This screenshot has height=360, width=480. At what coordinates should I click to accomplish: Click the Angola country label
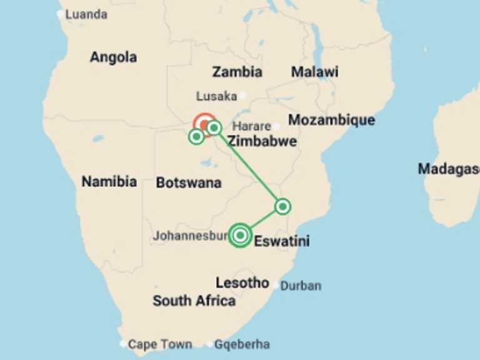coord(113,57)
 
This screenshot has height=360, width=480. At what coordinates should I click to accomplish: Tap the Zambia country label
coord(237,72)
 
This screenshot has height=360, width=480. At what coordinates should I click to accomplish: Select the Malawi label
coord(314,72)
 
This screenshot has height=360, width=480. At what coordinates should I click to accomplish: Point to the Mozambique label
coord(331,120)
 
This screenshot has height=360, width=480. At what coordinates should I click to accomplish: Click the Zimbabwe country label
coord(262,141)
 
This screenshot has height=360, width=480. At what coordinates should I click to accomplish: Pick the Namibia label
coord(109,182)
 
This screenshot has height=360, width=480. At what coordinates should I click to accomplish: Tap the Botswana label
coord(188,182)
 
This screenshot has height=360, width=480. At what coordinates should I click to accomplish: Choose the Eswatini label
coord(282,241)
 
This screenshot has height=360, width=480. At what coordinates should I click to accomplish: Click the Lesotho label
coord(242,282)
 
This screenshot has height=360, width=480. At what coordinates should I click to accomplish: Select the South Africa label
coord(194,301)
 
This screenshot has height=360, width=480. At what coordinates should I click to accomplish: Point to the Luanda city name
coord(86,14)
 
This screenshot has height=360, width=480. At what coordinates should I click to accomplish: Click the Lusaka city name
coord(216,96)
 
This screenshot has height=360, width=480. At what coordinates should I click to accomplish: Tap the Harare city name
coord(252,126)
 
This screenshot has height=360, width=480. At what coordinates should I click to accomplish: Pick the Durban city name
coord(301,286)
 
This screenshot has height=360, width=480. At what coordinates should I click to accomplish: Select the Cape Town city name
coord(160,344)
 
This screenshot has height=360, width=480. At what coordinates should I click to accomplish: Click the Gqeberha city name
coord(242,344)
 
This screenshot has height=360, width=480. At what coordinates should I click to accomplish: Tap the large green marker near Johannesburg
coord(240,235)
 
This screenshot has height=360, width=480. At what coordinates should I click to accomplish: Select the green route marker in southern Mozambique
coord(282,206)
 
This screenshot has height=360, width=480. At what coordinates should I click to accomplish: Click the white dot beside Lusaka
coord(242,96)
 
